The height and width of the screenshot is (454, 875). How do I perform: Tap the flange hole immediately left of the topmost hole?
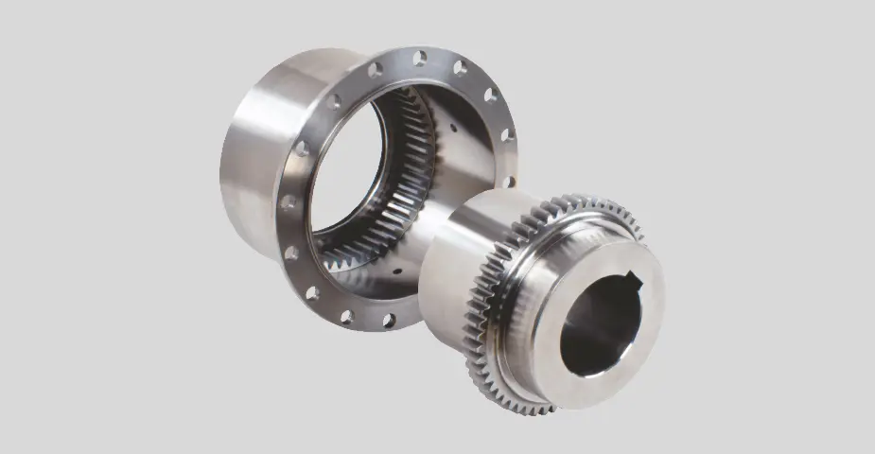point(376,69)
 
